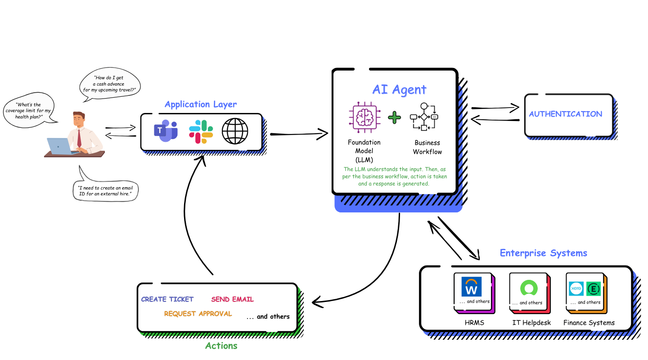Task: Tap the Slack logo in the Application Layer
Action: pyautogui.click(x=201, y=131)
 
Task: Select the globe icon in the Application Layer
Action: pyautogui.click(x=235, y=130)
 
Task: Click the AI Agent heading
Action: pyautogui.click(x=399, y=89)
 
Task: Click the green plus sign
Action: pyautogui.click(x=394, y=118)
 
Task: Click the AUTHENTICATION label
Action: pyautogui.click(x=565, y=114)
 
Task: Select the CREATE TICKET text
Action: pyautogui.click(x=167, y=299)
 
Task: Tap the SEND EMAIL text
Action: pyautogui.click(x=232, y=299)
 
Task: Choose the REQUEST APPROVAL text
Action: pyautogui.click(x=198, y=314)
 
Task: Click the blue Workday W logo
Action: pyautogui.click(x=472, y=287)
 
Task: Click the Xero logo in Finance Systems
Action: pyautogui.click(x=576, y=288)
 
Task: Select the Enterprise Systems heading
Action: pyautogui.click(x=543, y=253)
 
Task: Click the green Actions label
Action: pyautogui.click(x=221, y=346)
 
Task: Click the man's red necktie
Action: pyautogui.click(x=79, y=137)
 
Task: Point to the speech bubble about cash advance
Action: pyautogui.click(x=109, y=84)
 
